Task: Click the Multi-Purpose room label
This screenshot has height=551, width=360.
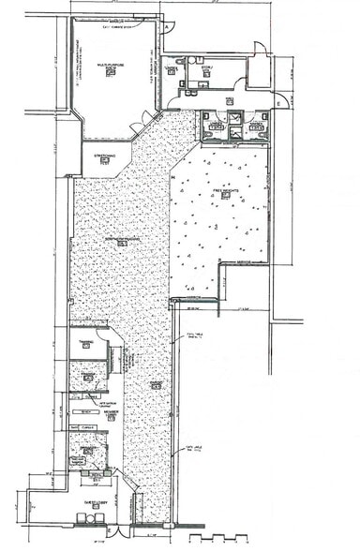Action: pos(111,66)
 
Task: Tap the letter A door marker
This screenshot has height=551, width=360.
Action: pos(168,28)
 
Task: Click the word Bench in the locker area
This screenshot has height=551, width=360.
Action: pos(86,411)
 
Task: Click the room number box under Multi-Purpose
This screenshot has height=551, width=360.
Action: pos(111,73)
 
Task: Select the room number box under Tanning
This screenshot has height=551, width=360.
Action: pos(86,348)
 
